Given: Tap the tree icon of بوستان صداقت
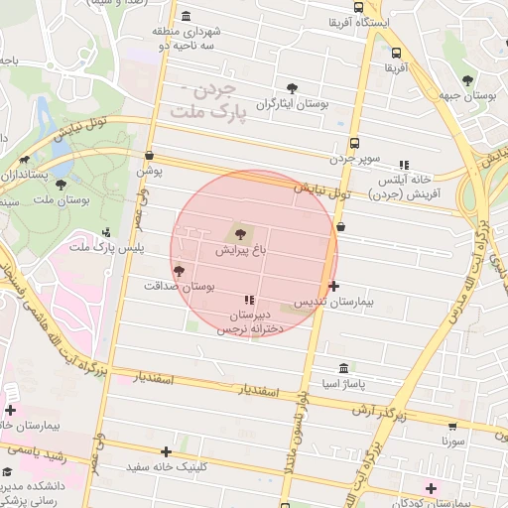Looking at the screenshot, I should [179, 270].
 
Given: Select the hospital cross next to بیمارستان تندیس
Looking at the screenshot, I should [332, 286].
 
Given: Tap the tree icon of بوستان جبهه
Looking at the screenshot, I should [467, 81].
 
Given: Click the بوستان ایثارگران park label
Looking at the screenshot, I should [292, 103].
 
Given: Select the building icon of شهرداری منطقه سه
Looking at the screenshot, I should [188, 16].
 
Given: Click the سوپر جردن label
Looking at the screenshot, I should [354, 158].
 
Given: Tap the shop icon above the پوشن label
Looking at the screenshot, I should [149, 156].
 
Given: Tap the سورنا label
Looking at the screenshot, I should [453, 440].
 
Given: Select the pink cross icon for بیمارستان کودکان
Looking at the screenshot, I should [430, 488].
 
